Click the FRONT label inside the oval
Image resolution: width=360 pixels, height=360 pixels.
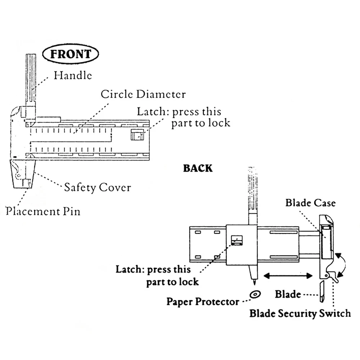[x=71, y=54]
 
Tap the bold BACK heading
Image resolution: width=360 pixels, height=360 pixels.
[x=198, y=168]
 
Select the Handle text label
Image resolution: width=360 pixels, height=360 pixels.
[x=73, y=75]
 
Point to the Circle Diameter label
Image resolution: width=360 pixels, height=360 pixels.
[x=143, y=94]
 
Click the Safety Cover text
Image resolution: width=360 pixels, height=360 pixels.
[x=98, y=188]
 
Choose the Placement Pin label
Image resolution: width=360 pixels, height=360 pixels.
[x=43, y=211]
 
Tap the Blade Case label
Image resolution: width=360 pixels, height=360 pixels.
[x=310, y=203]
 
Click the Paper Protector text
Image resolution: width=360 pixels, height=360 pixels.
[x=203, y=301]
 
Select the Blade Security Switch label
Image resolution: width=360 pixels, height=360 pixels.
[x=300, y=314]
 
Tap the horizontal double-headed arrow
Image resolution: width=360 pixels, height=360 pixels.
[x=288, y=275]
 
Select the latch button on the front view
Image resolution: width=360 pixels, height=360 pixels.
[x=137, y=135]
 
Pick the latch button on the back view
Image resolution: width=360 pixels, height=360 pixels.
[x=237, y=240]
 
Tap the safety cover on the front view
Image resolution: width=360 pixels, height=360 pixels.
[x=23, y=174]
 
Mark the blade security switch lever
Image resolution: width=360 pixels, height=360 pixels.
[x=333, y=276]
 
